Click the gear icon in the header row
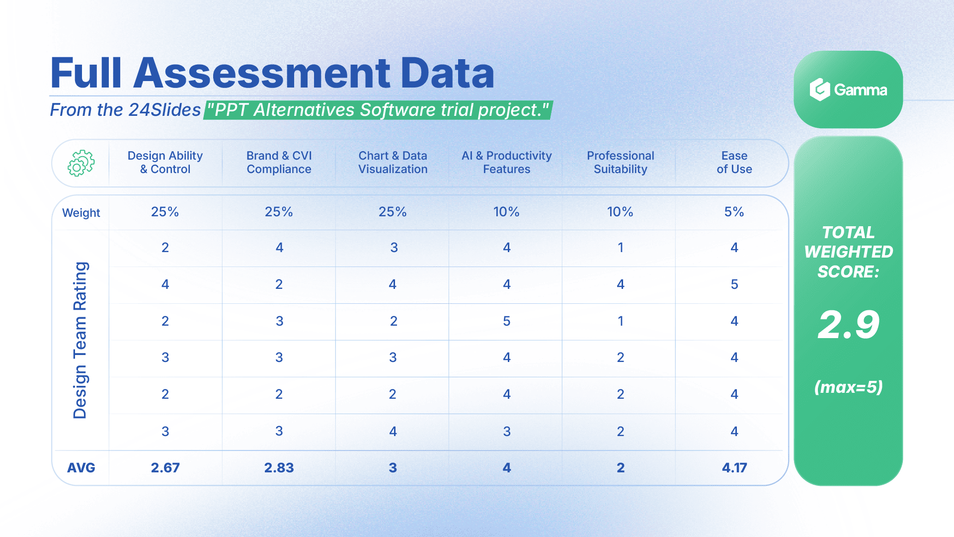coord(81,163)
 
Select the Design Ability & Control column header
coord(165,163)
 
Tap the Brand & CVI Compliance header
coord(279,163)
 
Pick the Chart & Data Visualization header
coord(393,163)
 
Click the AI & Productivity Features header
coord(506,163)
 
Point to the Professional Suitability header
coord(620,163)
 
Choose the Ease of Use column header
coord(734,163)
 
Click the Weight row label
coord(81,213)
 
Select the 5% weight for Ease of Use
coord(734,212)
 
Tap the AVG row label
coord(81,468)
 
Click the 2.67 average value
coord(165,468)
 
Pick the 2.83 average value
coord(279,468)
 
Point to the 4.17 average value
coord(734,468)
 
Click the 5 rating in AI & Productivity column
coord(506,321)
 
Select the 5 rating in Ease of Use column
coord(734,284)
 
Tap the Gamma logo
coord(848,90)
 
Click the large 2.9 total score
coord(848,325)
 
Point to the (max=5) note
coord(848,387)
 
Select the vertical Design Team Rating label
coord(80,340)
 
